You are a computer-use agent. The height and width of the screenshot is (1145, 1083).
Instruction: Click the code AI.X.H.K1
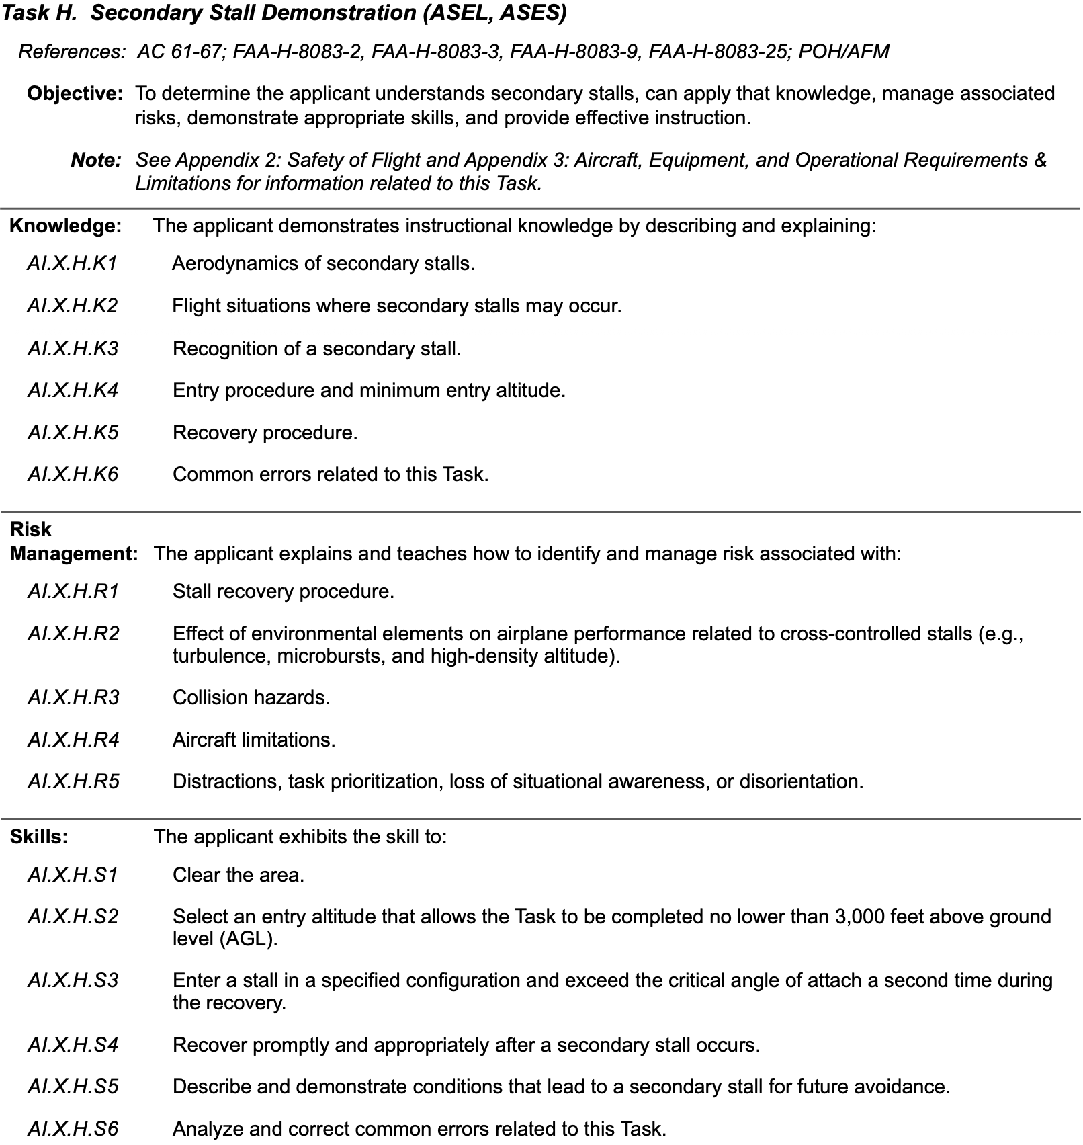click(73, 263)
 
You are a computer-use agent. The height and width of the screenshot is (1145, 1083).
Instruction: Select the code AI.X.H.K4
click(73, 390)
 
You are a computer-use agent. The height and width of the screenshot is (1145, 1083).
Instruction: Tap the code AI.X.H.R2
click(73, 634)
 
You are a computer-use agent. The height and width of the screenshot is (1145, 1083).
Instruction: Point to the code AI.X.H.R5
click(73, 781)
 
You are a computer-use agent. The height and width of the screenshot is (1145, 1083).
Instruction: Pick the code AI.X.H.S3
click(73, 980)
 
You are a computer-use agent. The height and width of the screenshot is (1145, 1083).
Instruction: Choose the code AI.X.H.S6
click(73, 1129)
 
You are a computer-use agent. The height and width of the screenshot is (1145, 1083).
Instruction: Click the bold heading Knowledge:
click(65, 226)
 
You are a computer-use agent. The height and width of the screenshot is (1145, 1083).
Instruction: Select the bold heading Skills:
click(39, 837)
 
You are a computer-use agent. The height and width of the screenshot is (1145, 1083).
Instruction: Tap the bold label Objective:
click(75, 93)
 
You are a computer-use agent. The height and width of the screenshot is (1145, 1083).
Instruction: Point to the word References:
click(72, 52)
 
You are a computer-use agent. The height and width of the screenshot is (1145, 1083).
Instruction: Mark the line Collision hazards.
click(251, 697)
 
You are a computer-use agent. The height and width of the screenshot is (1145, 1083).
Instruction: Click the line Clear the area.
click(238, 875)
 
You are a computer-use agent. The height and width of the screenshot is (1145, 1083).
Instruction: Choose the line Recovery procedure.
click(265, 433)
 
